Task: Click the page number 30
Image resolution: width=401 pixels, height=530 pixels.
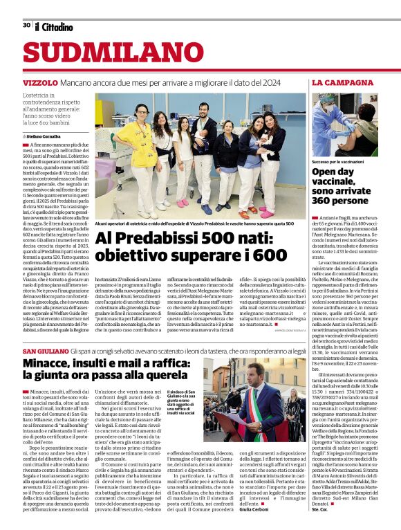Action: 26,25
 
